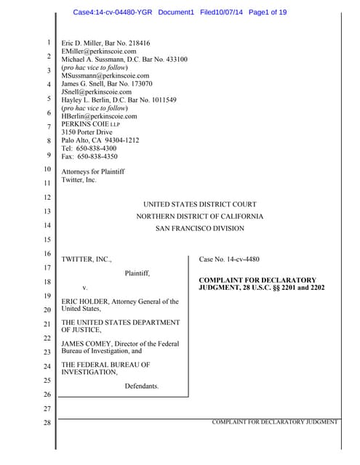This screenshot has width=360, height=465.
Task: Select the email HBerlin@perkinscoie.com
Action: [99, 116]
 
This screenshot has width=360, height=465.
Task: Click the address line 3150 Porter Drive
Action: [89, 132]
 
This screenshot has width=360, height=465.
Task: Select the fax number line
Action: [89, 156]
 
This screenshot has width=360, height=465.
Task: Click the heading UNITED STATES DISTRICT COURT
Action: [199, 204]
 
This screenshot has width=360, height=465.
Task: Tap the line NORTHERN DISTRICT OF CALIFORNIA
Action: [200, 217]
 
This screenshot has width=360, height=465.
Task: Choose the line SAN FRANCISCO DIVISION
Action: [200, 228]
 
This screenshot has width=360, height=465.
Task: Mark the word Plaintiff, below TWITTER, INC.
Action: [137, 273]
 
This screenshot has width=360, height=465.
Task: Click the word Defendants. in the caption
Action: [141, 386]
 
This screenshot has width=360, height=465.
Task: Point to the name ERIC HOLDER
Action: [84, 301]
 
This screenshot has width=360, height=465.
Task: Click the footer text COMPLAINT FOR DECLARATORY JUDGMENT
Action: [274, 421]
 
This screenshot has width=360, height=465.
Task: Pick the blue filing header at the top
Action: [180, 12]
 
